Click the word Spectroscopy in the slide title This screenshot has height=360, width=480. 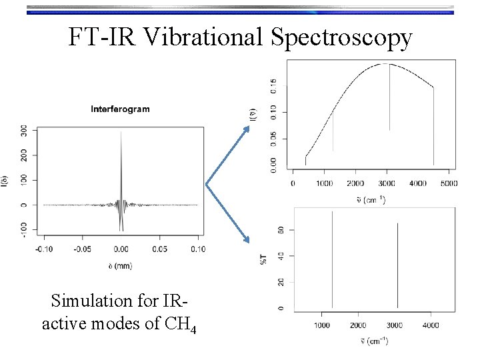point(342,39)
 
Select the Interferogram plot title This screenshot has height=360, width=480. point(120,109)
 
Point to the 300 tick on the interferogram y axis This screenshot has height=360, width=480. point(25,131)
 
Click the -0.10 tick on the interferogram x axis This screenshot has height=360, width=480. point(44,249)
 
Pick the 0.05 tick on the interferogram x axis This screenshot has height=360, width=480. point(159,249)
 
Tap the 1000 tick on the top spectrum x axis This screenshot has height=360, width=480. point(324,183)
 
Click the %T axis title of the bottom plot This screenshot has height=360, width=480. point(264,258)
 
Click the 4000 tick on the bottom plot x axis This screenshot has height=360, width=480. point(430,325)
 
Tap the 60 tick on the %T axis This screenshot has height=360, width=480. point(281,230)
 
